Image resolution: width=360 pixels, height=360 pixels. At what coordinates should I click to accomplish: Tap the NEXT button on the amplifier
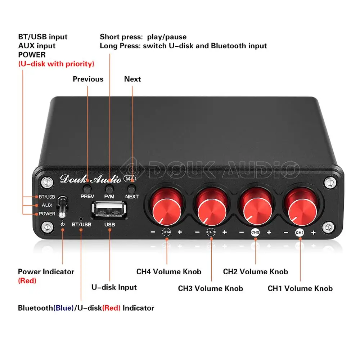click(x=132, y=188)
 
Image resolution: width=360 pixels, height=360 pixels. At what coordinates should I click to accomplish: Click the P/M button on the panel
click(x=109, y=188)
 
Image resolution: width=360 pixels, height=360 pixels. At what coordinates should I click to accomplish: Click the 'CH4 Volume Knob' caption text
click(x=168, y=272)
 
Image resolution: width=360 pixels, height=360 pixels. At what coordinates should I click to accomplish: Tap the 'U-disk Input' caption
click(x=114, y=287)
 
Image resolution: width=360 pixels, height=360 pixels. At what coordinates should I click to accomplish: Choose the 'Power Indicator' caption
click(x=46, y=272)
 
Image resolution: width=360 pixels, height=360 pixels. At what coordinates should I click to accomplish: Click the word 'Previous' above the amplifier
click(x=88, y=79)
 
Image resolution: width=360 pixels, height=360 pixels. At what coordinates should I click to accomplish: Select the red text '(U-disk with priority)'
click(x=56, y=64)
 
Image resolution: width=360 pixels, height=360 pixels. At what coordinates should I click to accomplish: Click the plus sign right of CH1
click(x=313, y=233)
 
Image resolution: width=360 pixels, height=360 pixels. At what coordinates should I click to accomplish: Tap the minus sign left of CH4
click(x=153, y=233)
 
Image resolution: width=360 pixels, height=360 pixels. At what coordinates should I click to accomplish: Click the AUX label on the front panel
click(x=47, y=205)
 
